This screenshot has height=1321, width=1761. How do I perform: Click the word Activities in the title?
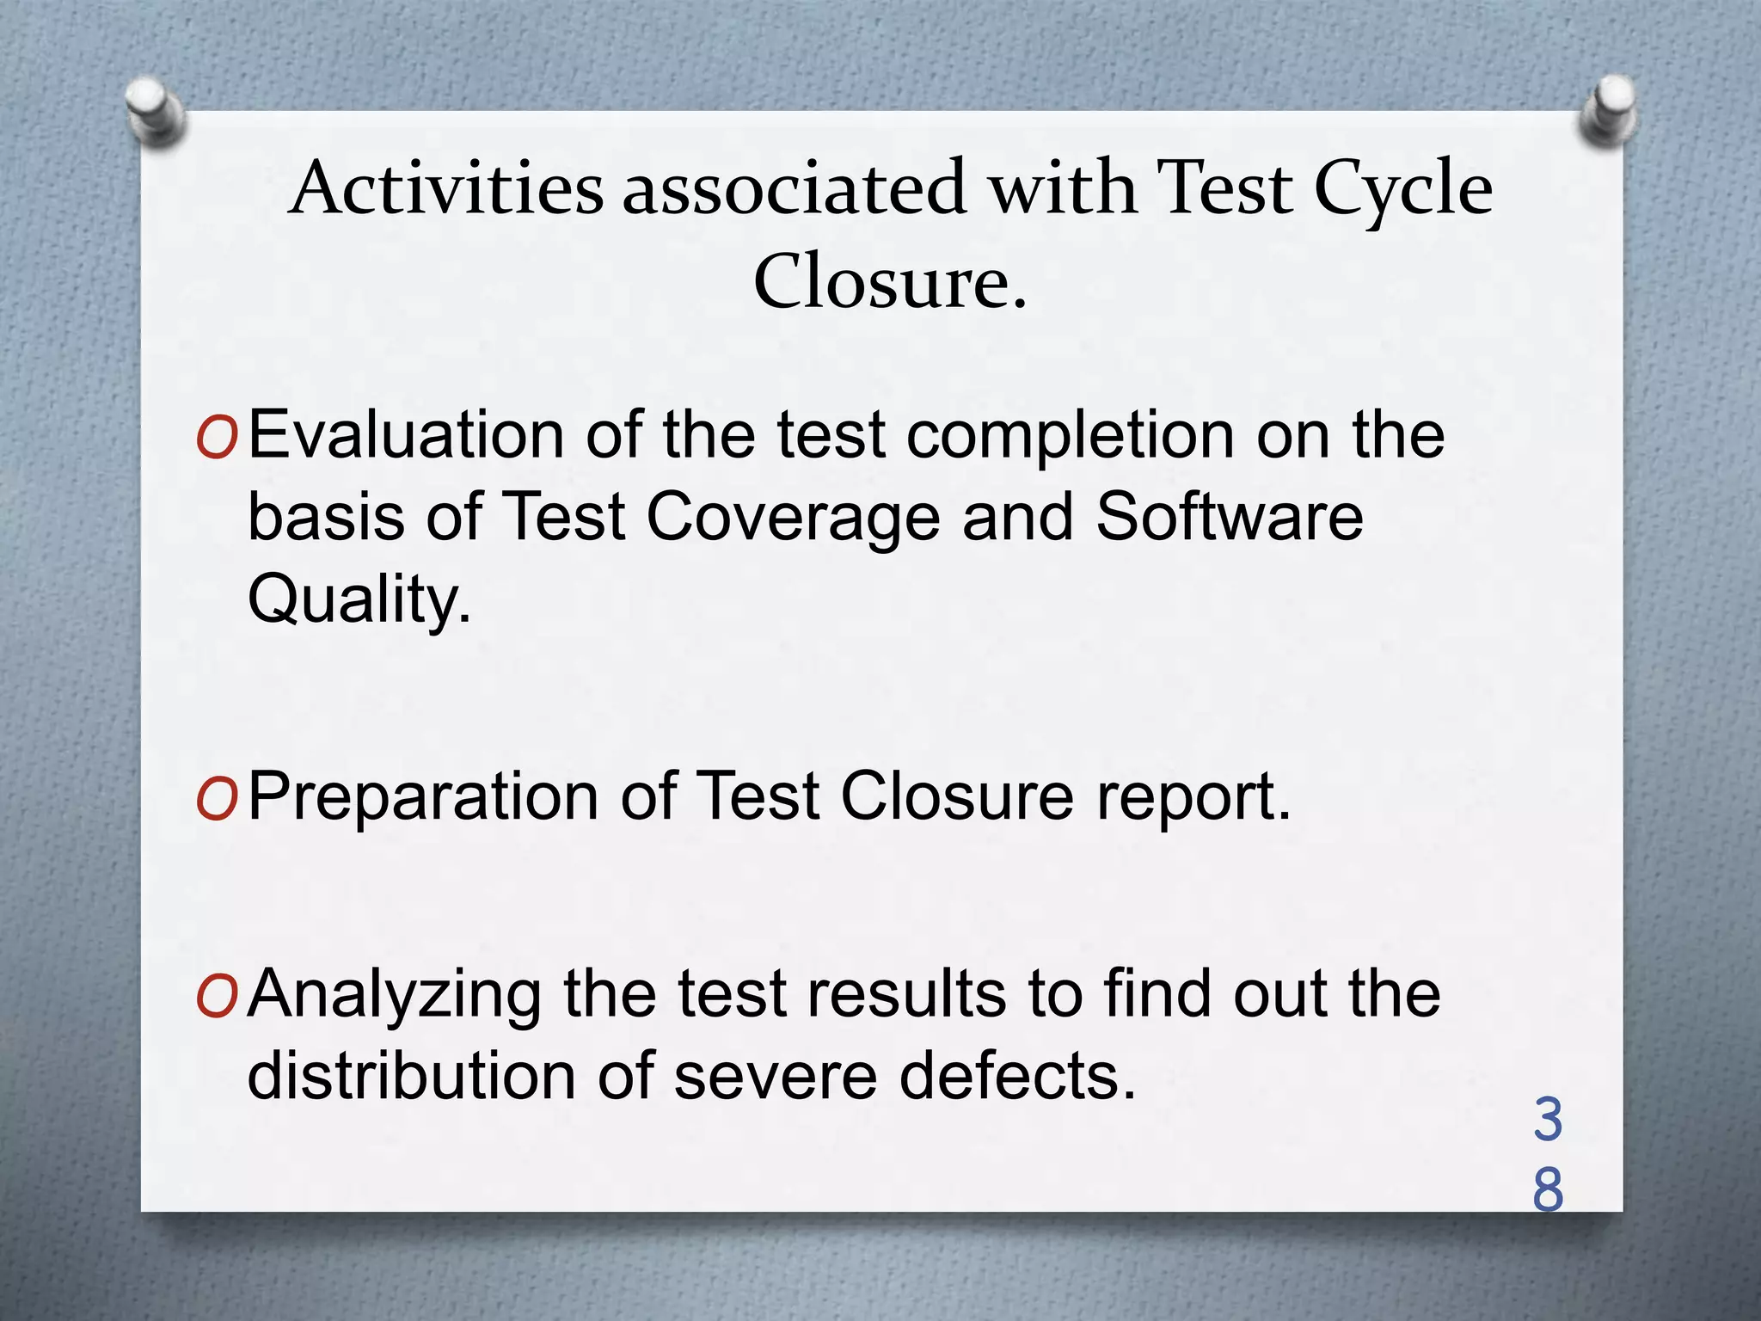(448, 188)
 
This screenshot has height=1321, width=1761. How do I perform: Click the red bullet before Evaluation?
(216, 440)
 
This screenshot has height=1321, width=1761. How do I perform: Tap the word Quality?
(359, 600)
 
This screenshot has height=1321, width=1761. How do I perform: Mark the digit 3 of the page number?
(1548, 1120)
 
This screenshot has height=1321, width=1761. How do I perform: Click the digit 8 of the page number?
(1548, 1190)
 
